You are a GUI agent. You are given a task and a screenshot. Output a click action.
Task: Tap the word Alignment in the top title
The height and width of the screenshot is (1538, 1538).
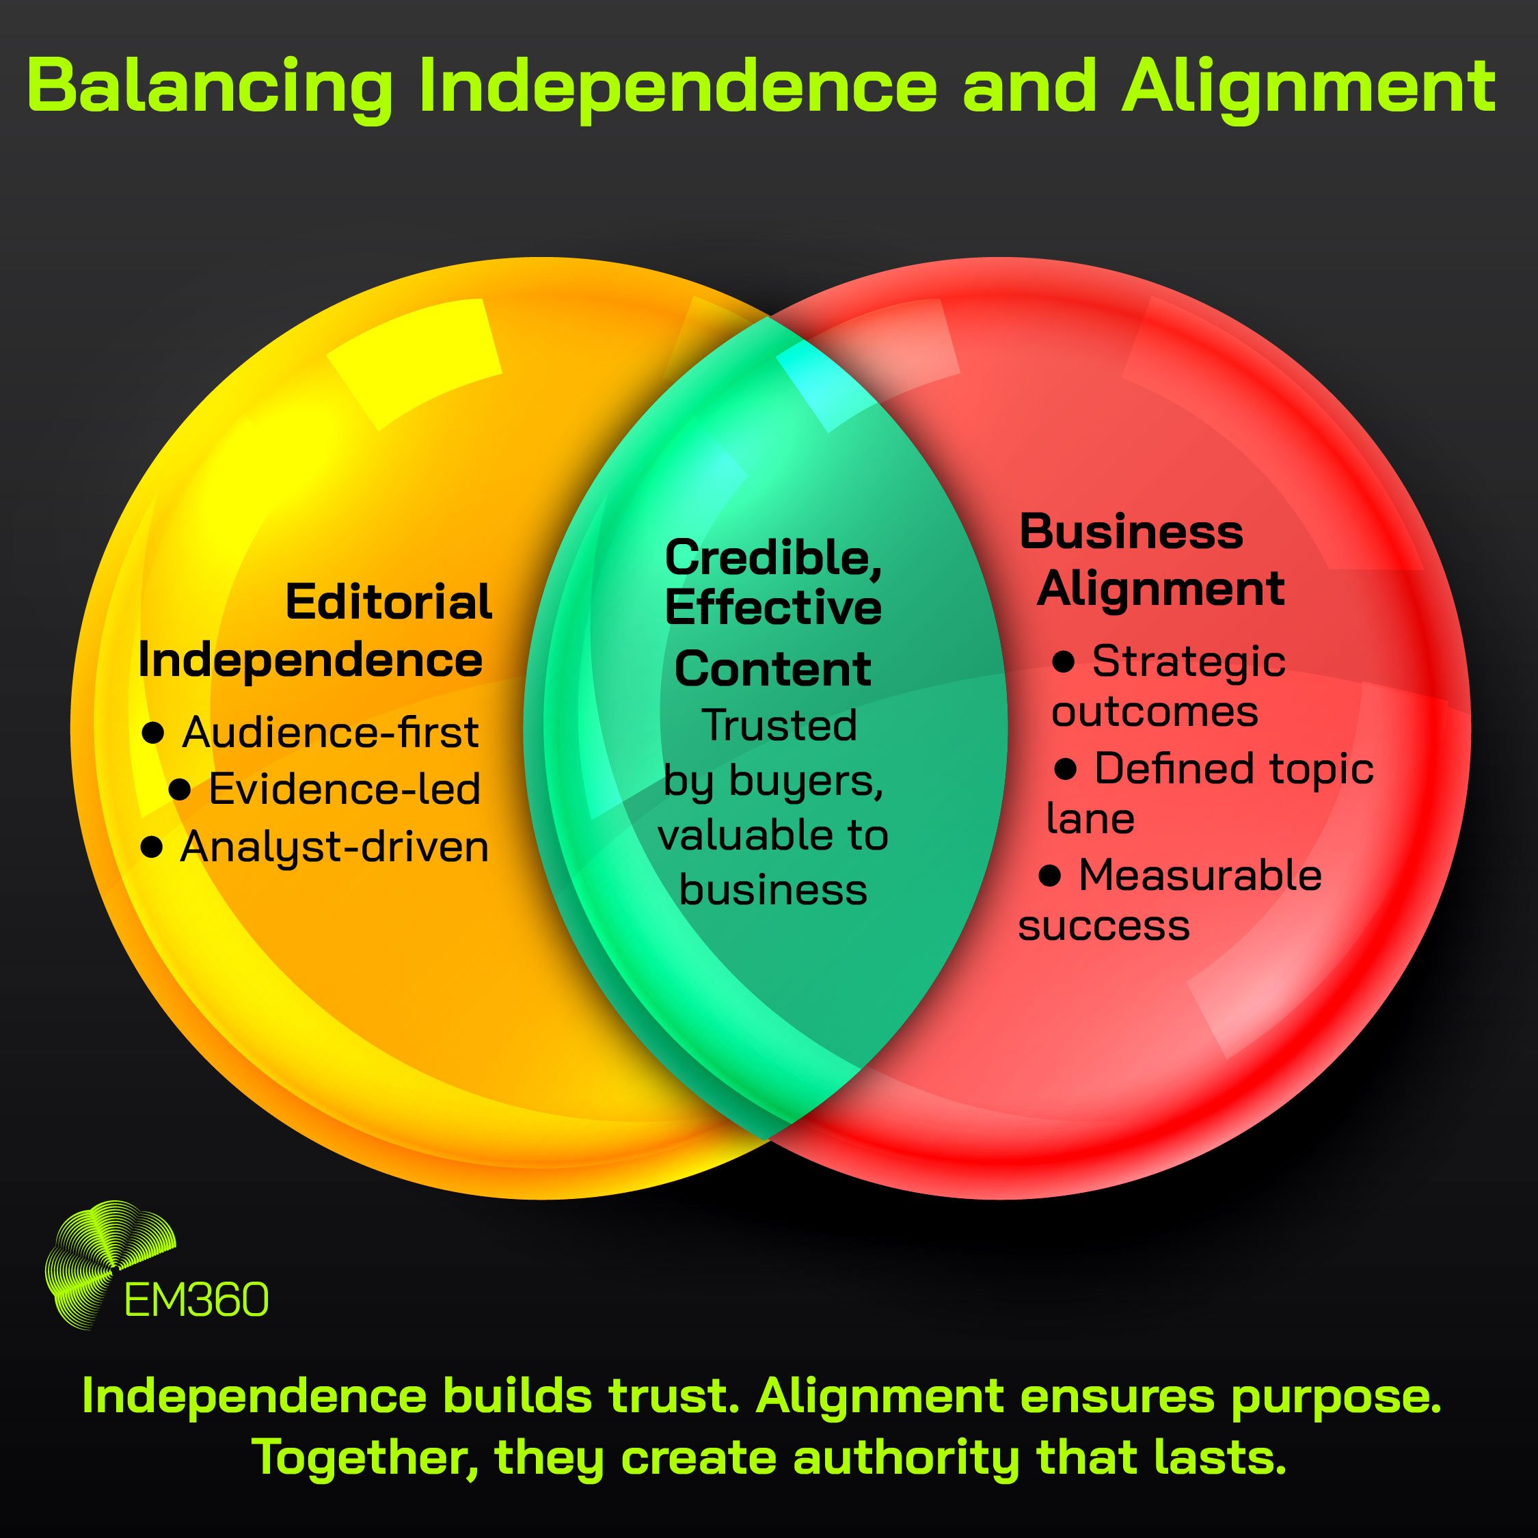[x=1308, y=88]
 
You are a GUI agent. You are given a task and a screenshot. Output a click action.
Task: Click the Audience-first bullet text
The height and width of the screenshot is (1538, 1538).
[x=329, y=732]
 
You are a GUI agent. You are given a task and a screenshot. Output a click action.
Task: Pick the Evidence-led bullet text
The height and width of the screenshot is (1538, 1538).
[x=344, y=790]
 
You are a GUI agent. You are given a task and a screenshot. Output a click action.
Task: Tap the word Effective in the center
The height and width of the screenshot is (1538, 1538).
[x=772, y=609]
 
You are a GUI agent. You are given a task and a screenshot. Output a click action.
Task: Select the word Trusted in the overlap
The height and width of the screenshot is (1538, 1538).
[x=779, y=726]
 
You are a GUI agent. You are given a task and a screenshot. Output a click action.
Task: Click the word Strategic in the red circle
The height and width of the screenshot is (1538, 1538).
[x=1188, y=662]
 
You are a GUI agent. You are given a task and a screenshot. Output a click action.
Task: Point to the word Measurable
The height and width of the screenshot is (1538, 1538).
[x=1200, y=876]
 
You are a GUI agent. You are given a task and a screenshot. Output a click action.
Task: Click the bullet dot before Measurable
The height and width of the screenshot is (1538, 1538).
[x=1050, y=876]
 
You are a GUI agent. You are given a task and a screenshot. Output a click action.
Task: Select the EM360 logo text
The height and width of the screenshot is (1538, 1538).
[x=197, y=1301]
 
